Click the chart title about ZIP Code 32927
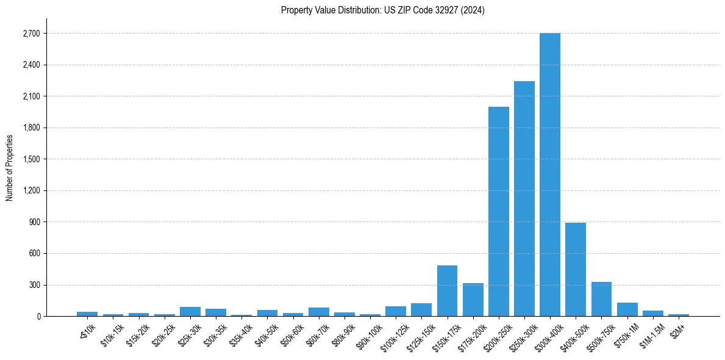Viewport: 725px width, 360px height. pos(382,10)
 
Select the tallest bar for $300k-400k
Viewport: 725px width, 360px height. pos(549,175)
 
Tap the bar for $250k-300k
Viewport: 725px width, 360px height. pos(524,198)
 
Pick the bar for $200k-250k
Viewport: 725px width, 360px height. pos(498,211)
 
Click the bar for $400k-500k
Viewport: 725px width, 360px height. pos(575,269)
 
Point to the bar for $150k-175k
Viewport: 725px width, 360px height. pos(447,290)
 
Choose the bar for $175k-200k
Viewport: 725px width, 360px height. pos(473,300)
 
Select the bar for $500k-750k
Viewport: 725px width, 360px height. pos(601,299)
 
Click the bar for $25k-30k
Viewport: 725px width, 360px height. pos(190,311)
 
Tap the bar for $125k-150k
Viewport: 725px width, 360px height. pos(421,309)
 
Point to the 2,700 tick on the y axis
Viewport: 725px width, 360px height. pos(30,34)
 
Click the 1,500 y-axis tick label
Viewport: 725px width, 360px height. pos(30,159)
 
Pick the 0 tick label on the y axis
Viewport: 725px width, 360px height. pos(37,317)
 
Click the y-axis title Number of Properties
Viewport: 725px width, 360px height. pos(9,167)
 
